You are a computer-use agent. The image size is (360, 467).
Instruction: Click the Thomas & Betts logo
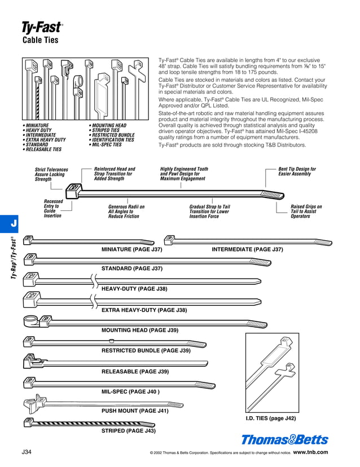pos(284,440)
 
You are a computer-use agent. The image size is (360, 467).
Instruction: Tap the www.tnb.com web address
pos(310,452)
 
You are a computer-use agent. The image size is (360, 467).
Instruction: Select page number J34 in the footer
pos(27,452)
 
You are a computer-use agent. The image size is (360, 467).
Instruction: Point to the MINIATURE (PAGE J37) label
pos(132,249)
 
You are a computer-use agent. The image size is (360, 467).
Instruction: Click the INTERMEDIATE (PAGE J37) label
pos(247,249)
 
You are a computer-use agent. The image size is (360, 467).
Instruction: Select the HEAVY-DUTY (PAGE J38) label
pos(134,289)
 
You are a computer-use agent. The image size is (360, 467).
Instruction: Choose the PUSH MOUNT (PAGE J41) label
pos(135,411)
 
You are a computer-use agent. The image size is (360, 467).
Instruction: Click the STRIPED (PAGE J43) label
pos(128,431)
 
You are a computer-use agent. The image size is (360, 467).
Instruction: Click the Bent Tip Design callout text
pos(297,171)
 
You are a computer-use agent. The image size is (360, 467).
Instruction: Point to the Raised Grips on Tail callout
pos(308,212)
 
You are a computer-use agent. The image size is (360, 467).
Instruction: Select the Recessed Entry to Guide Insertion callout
pos(53,209)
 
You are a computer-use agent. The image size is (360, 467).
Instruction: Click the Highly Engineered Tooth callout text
pos(184,174)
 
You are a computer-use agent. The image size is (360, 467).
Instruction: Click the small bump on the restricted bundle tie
pos(112,341)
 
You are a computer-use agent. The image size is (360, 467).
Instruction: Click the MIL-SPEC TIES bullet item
pos(107,145)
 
